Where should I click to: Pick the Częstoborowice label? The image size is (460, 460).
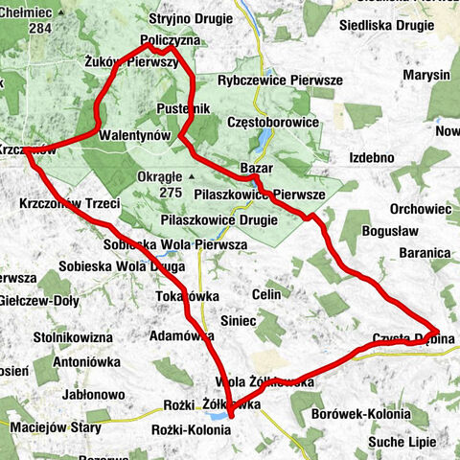point(273,123)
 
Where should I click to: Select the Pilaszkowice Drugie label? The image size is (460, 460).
point(219,220)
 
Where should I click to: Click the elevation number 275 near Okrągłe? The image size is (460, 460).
point(172,193)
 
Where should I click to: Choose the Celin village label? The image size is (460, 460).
point(267,293)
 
